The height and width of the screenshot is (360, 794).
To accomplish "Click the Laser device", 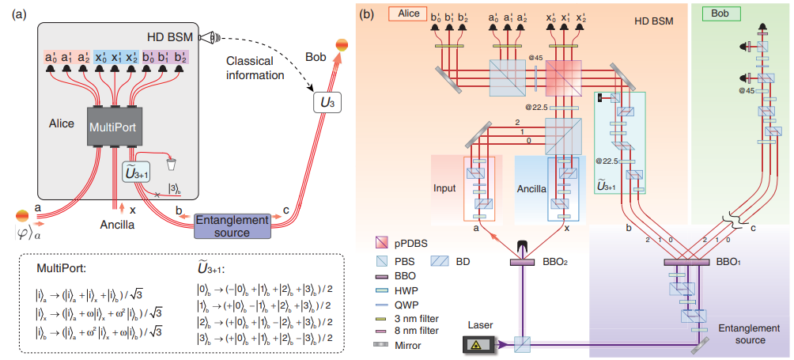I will pos(479,344).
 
